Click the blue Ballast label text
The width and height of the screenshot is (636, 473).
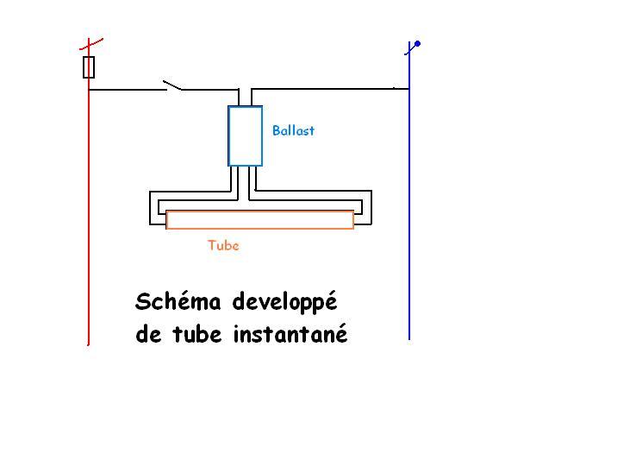293,131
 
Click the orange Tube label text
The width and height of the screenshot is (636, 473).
223,245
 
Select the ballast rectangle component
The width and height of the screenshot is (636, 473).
245,136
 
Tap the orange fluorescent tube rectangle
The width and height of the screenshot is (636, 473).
259,220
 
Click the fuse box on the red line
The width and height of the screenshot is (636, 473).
89,67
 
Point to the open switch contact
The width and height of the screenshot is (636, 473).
172,85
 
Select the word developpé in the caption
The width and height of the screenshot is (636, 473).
283,304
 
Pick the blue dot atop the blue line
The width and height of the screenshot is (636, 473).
418,43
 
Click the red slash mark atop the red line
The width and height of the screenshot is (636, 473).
90,43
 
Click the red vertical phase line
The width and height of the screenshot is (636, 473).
89,216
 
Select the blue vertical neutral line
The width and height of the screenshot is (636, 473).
409,216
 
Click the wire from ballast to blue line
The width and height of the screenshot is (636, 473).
327,87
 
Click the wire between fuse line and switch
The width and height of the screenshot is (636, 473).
125,89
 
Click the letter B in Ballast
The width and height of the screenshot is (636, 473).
276,131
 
